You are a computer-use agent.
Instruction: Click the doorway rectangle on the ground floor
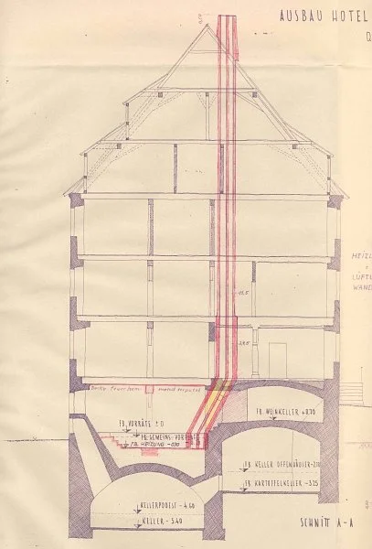(278, 355)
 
